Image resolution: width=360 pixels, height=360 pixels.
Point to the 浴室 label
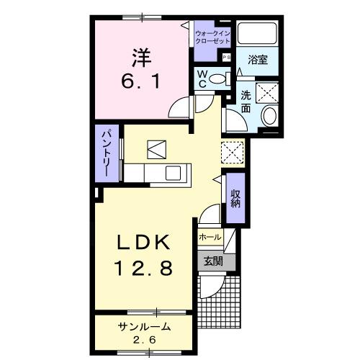click(x=258, y=60)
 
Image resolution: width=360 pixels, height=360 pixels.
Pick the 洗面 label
click(x=246, y=102)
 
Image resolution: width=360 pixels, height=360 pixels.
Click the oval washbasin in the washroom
click(x=271, y=115)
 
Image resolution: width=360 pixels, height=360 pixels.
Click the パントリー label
click(x=104, y=153)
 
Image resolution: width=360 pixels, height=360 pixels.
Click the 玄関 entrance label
click(x=211, y=261)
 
